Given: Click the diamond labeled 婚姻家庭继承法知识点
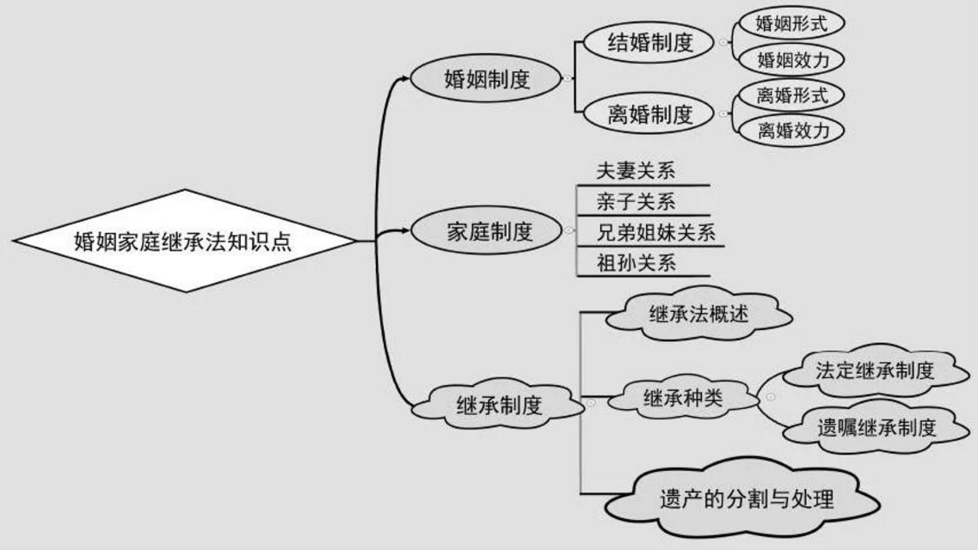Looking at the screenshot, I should pos(185,241).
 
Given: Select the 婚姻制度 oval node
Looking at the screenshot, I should pos(487,79).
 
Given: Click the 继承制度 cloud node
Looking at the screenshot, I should pos(499,404).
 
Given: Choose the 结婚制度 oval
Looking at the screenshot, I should pos(650,43).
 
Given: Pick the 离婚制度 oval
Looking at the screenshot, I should pos(650,114).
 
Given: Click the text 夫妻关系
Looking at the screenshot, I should pos(636,171).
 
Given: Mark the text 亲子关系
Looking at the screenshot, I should pos(636,202).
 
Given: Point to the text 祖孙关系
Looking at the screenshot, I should pos(636,263).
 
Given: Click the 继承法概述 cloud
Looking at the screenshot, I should pos(698,314).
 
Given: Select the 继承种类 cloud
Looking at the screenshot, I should pos(683,397).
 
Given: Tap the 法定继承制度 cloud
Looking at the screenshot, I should pos(874,370).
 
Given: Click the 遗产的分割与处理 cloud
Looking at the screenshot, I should pos(746,498).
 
